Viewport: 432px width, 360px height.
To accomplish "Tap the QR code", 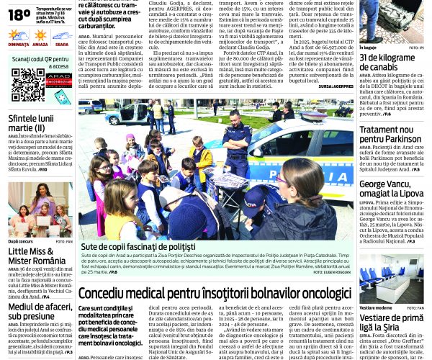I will click(27, 85).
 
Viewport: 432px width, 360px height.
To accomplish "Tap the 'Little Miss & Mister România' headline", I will click(36, 256).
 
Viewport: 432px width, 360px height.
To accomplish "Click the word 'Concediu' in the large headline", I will click(107, 293).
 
